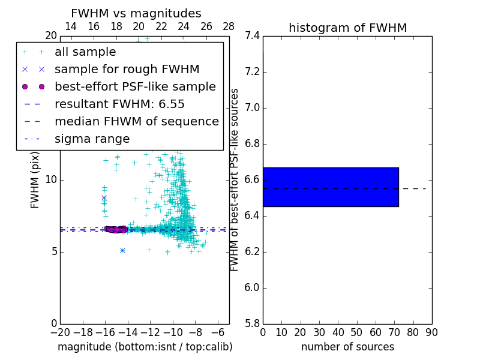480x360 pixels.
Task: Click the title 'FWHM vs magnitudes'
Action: pos(136,14)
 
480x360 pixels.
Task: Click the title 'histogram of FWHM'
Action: pos(347,28)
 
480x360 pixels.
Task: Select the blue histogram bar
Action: pos(331,187)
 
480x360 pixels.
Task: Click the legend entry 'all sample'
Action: pos(85,52)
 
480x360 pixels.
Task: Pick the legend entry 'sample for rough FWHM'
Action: pos(127,70)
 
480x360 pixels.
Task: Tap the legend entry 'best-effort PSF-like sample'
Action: pos(135,87)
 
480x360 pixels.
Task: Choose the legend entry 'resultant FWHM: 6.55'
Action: pos(119,104)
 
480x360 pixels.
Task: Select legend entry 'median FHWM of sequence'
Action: pos(136,122)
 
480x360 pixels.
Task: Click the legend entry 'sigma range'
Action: pos(92,139)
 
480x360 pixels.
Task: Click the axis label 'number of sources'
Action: pos(347,347)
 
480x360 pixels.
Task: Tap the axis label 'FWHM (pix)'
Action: pos(35,179)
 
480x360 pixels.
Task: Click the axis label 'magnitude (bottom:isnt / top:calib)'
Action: pos(145,347)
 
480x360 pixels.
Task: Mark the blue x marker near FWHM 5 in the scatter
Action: pos(122,250)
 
